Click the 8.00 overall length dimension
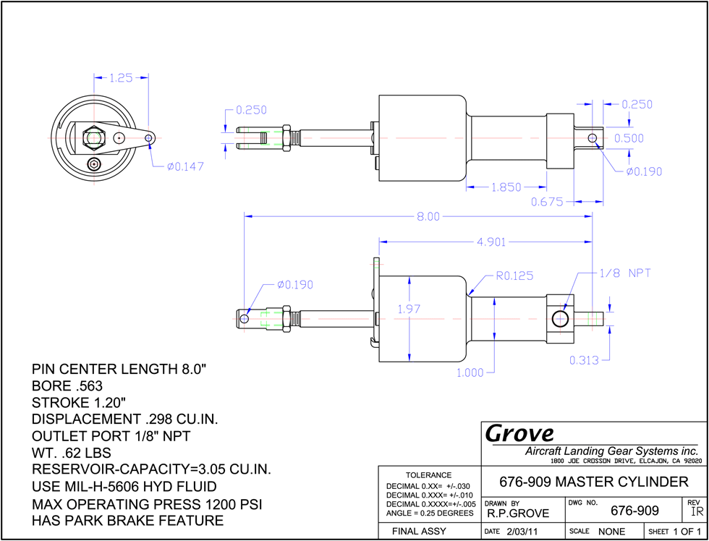[428, 217]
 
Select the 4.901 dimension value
[491, 242]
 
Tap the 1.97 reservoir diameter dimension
[409, 309]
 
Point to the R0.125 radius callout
[514, 276]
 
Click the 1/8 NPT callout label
[625, 273]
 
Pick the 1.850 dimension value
[506, 187]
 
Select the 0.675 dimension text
[547, 202]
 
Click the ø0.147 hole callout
[185, 167]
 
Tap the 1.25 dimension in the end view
[122, 78]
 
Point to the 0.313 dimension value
[585, 360]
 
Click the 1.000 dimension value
[470, 373]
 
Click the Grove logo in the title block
[520, 434]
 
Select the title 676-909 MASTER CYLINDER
[594, 482]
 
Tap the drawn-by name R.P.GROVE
[518, 514]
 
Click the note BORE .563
[67, 386]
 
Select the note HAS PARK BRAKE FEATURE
[127, 520]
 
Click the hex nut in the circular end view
[93, 137]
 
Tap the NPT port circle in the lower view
[561, 319]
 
